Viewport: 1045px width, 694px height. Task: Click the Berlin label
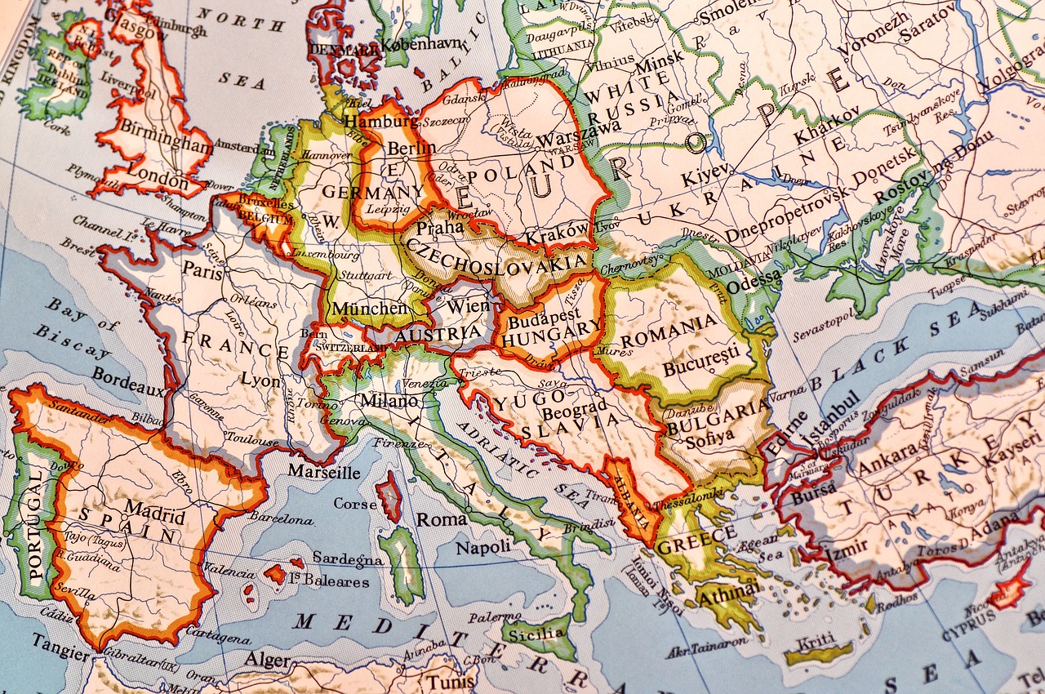(x=411, y=148)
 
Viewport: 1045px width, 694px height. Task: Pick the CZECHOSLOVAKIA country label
(x=497, y=254)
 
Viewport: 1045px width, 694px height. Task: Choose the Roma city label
(x=442, y=519)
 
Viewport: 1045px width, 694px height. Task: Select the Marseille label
(x=323, y=472)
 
